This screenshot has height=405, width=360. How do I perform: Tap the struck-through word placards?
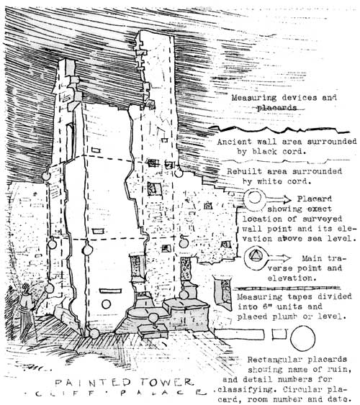point(276,108)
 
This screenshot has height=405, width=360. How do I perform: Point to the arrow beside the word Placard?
point(279,199)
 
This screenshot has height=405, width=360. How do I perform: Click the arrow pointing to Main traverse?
point(279,258)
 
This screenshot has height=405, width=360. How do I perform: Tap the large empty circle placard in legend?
point(302,338)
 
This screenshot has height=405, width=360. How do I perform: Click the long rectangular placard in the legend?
point(240,335)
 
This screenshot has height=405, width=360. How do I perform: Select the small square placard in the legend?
point(279,334)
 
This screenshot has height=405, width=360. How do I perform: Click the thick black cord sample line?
point(279,129)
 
